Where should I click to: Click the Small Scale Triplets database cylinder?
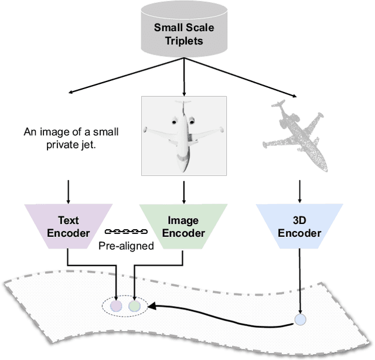(x=184, y=30)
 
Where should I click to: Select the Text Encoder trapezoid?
(x=68, y=226)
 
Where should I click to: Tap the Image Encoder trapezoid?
(x=183, y=226)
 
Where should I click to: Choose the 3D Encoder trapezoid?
(x=299, y=226)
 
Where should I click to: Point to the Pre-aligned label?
(x=125, y=246)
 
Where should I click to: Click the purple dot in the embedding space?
(x=117, y=305)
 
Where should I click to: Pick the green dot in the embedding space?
(x=135, y=305)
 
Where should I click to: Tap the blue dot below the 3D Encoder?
(x=300, y=320)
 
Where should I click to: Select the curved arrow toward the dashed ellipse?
(x=223, y=315)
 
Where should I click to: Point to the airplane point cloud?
(x=295, y=132)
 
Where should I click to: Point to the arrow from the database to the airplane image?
(x=184, y=76)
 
